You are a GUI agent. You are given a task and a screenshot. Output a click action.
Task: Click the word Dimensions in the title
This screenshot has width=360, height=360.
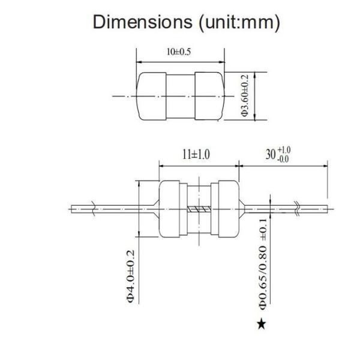143,22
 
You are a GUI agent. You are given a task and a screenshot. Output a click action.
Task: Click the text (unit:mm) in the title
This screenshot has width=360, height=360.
239,23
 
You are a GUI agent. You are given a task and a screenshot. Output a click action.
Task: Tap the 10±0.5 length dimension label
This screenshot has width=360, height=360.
179,52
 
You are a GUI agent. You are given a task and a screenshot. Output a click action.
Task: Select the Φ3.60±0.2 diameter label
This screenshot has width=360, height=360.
245,95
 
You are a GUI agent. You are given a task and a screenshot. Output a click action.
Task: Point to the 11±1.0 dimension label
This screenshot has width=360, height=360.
196,154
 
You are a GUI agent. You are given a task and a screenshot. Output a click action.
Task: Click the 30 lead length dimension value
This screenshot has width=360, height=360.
271,154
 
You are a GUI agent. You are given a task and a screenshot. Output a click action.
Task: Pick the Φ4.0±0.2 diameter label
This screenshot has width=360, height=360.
130,277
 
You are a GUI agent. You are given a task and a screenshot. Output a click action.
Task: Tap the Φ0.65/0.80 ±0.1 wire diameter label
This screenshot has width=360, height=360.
263,264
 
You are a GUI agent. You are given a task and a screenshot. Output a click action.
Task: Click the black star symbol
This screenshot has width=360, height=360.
262,324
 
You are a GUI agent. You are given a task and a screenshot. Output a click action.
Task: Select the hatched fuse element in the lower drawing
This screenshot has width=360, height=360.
199,209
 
